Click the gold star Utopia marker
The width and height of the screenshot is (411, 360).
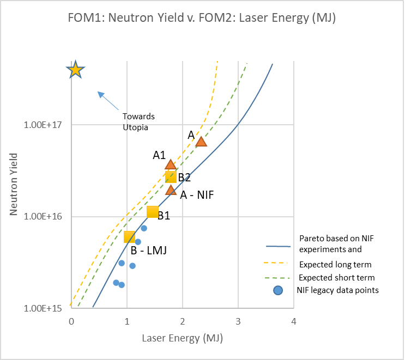click(75, 70)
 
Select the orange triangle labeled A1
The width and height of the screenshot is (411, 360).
click(171, 164)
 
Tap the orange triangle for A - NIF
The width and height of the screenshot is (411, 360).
click(171, 190)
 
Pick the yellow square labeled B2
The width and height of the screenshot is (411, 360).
click(171, 176)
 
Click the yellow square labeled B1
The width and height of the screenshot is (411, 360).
click(153, 212)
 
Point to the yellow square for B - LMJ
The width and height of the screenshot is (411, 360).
click(129, 237)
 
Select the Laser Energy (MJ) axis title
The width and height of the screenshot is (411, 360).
click(182, 338)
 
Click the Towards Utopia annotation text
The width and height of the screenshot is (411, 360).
click(138, 121)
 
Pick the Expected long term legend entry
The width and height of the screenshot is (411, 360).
click(335, 265)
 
